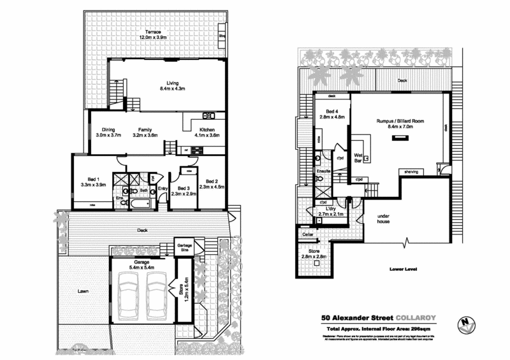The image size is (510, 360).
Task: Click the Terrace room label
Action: pos(152,32)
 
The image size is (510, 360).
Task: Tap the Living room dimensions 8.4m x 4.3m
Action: pos(171,89)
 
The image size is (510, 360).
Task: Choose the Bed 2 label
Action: pos(212,180)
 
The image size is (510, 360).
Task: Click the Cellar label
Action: pos(307,235)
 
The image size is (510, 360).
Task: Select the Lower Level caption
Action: pos(404,270)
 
